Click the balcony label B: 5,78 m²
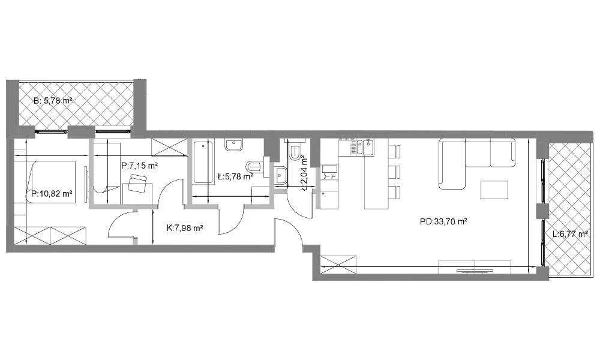[53, 101]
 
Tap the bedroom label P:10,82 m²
[52, 194]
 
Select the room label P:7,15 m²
[140, 166]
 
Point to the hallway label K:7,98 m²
[185, 229]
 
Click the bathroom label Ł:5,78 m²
[235, 176]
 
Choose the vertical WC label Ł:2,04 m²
[304, 173]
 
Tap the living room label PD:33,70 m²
[443, 221]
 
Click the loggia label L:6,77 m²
[570, 234]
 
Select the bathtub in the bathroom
[203, 163]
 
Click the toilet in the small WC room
[295, 151]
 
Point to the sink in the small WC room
[281, 176]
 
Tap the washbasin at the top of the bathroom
[233, 145]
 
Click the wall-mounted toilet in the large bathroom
[254, 166]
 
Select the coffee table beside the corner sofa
[495, 190]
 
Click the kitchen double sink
[365, 148]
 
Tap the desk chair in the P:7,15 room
[137, 183]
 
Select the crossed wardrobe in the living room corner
[338, 265]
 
